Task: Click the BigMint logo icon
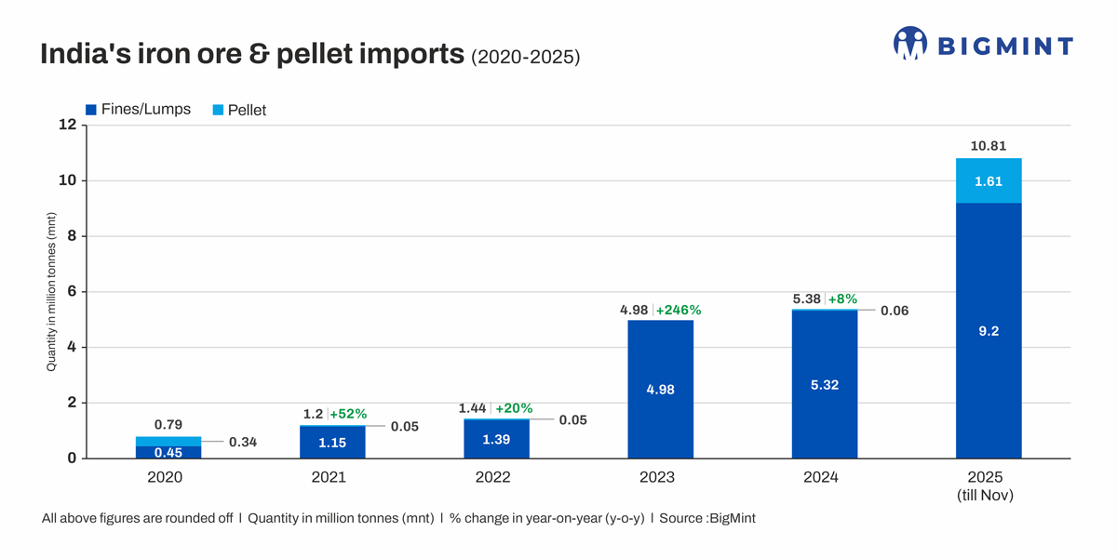tap(909, 43)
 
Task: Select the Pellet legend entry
tap(239, 110)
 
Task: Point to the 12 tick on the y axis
tap(67, 125)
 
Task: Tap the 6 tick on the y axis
tap(71, 292)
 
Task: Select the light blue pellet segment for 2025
tap(989, 180)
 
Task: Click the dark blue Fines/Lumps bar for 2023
tap(660, 389)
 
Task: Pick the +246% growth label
tap(679, 310)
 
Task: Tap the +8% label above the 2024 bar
tap(842, 299)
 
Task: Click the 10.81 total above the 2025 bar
tap(989, 146)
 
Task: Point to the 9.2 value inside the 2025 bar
tap(989, 331)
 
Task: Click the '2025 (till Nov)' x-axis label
tap(986, 486)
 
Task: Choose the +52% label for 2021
tap(348, 414)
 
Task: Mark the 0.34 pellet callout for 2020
tap(243, 442)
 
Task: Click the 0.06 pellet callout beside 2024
tap(895, 311)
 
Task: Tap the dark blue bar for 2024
tap(824, 385)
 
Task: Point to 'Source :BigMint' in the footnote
tap(707, 518)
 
